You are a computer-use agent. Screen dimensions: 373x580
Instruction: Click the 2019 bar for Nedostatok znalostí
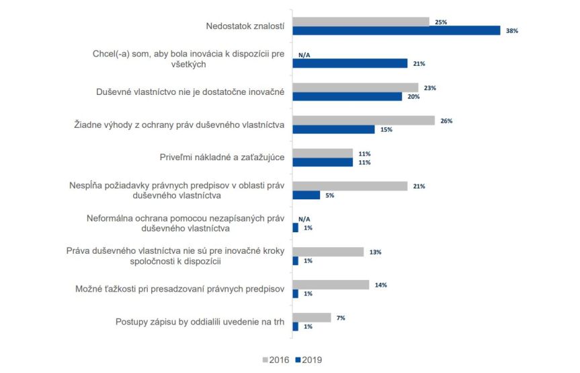[397, 30]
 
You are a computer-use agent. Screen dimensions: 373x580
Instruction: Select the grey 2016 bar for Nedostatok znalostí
[361, 22]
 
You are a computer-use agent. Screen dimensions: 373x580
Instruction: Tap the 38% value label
[512, 31]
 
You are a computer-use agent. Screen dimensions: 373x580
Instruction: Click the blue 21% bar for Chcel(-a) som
[350, 63]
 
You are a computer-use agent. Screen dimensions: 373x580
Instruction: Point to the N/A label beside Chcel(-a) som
[304, 55]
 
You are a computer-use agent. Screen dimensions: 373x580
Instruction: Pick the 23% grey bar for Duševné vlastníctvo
[356, 88]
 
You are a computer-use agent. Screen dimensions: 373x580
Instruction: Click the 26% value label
[446, 121]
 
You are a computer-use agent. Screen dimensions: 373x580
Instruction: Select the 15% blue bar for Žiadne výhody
[333, 129]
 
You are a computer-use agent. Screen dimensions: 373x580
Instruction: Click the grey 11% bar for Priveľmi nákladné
[323, 154]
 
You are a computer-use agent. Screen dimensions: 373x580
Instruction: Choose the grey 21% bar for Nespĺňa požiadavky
[350, 186]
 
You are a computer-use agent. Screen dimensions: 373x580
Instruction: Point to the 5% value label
[329, 195]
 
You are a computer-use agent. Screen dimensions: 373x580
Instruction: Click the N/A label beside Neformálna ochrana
[304, 219]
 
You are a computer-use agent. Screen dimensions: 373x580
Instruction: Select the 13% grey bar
[328, 252]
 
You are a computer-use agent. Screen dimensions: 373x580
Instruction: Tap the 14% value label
[381, 285]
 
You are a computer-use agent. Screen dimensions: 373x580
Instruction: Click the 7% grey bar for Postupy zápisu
[312, 318]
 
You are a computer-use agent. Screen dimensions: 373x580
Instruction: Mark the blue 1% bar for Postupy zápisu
[296, 327]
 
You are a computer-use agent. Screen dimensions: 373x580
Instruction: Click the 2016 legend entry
[276, 360]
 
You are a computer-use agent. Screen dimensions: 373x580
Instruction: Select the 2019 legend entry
[310, 360]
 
